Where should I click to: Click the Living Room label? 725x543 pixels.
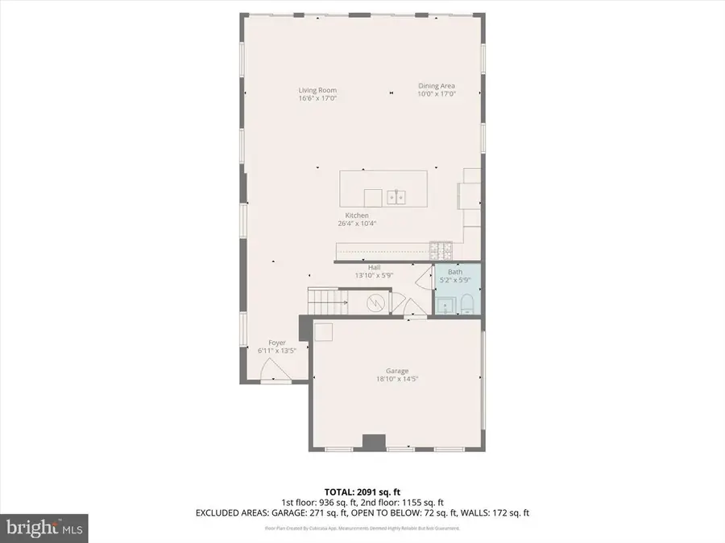pyautogui.click(x=317, y=90)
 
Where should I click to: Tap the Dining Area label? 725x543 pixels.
pyautogui.click(x=437, y=86)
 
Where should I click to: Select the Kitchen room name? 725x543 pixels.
pyautogui.click(x=357, y=216)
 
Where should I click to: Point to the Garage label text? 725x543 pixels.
pyautogui.click(x=397, y=372)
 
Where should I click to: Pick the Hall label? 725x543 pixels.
pyautogui.click(x=374, y=268)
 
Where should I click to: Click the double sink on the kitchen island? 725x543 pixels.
pyautogui.click(x=396, y=196)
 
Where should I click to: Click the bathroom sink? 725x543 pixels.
pyautogui.click(x=445, y=305)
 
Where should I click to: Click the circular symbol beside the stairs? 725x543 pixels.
pyautogui.click(x=376, y=303)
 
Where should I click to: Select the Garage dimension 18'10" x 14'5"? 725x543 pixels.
pyautogui.click(x=397, y=379)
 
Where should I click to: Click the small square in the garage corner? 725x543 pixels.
pyautogui.click(x=323, y=331)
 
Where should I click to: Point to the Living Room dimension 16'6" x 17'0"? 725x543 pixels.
pyautogui.click(x=317, y=98)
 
